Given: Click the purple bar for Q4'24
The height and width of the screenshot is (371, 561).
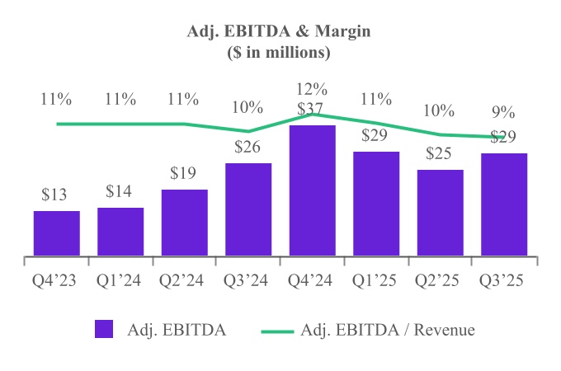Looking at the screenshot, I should point(313,190).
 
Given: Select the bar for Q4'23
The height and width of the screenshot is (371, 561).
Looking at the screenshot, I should point(57,232).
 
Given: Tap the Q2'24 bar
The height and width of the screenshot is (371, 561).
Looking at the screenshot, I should point(185,222).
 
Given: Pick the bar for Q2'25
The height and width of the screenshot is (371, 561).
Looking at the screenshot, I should point(441,212).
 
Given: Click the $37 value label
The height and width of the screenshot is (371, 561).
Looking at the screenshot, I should point(313,109).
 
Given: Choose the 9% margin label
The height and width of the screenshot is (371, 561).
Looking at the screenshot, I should point(504,113).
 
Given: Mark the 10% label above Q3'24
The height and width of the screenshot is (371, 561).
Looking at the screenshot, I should point(248,108).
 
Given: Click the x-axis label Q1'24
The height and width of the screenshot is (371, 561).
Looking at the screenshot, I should point(120,279).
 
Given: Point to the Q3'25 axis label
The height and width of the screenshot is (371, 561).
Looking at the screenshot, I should point(504,279).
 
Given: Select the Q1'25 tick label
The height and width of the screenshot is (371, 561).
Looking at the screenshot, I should point(376,279).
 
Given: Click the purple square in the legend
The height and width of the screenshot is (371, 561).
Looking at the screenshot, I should point(104,330).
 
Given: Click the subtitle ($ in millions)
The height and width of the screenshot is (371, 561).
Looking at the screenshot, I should point(279,53).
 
